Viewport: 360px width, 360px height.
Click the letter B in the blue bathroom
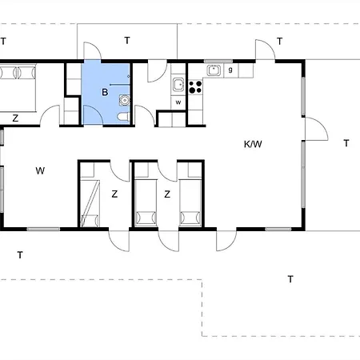[x=105, y=92]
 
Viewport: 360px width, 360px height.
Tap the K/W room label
[x=253, y=144]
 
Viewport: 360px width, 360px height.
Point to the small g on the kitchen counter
[x=230, y=70]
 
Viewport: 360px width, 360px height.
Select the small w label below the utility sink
[x=178, y=102]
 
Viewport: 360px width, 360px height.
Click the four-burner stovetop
[x=195, y=87]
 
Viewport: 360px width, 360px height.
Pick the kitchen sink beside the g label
[x=214, y=70]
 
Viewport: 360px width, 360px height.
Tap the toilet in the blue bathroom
[x=123, y=117]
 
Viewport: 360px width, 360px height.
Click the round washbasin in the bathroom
[x=124, y=100]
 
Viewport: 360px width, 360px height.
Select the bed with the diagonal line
[x=90, y=203]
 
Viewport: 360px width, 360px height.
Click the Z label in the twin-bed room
[x=167, y=194]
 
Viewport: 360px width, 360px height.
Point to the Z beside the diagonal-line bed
[x=114, y=194]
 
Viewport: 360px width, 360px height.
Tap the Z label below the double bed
[x=15, y=118]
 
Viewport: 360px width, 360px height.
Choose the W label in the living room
[x=40, y=170]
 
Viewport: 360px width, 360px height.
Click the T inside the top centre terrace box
[x=127, y=41]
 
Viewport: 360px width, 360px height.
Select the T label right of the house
[x=346, y=143]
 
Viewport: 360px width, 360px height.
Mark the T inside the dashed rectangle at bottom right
[x=290, y=279]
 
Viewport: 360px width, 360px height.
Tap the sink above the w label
[x=178, y=85]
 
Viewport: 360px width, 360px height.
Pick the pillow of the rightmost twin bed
[x=190, y=218]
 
